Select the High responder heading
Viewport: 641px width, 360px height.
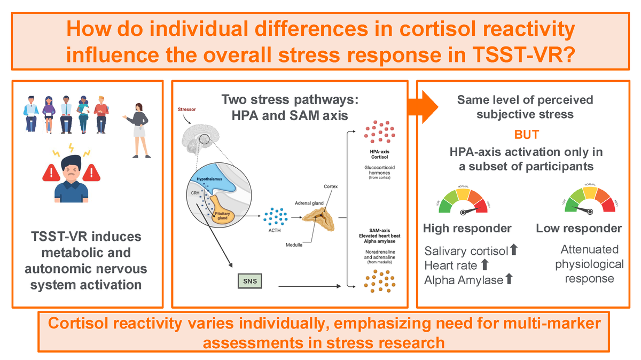[x=467, y=229]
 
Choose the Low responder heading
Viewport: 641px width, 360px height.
[x=579, y=229]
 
